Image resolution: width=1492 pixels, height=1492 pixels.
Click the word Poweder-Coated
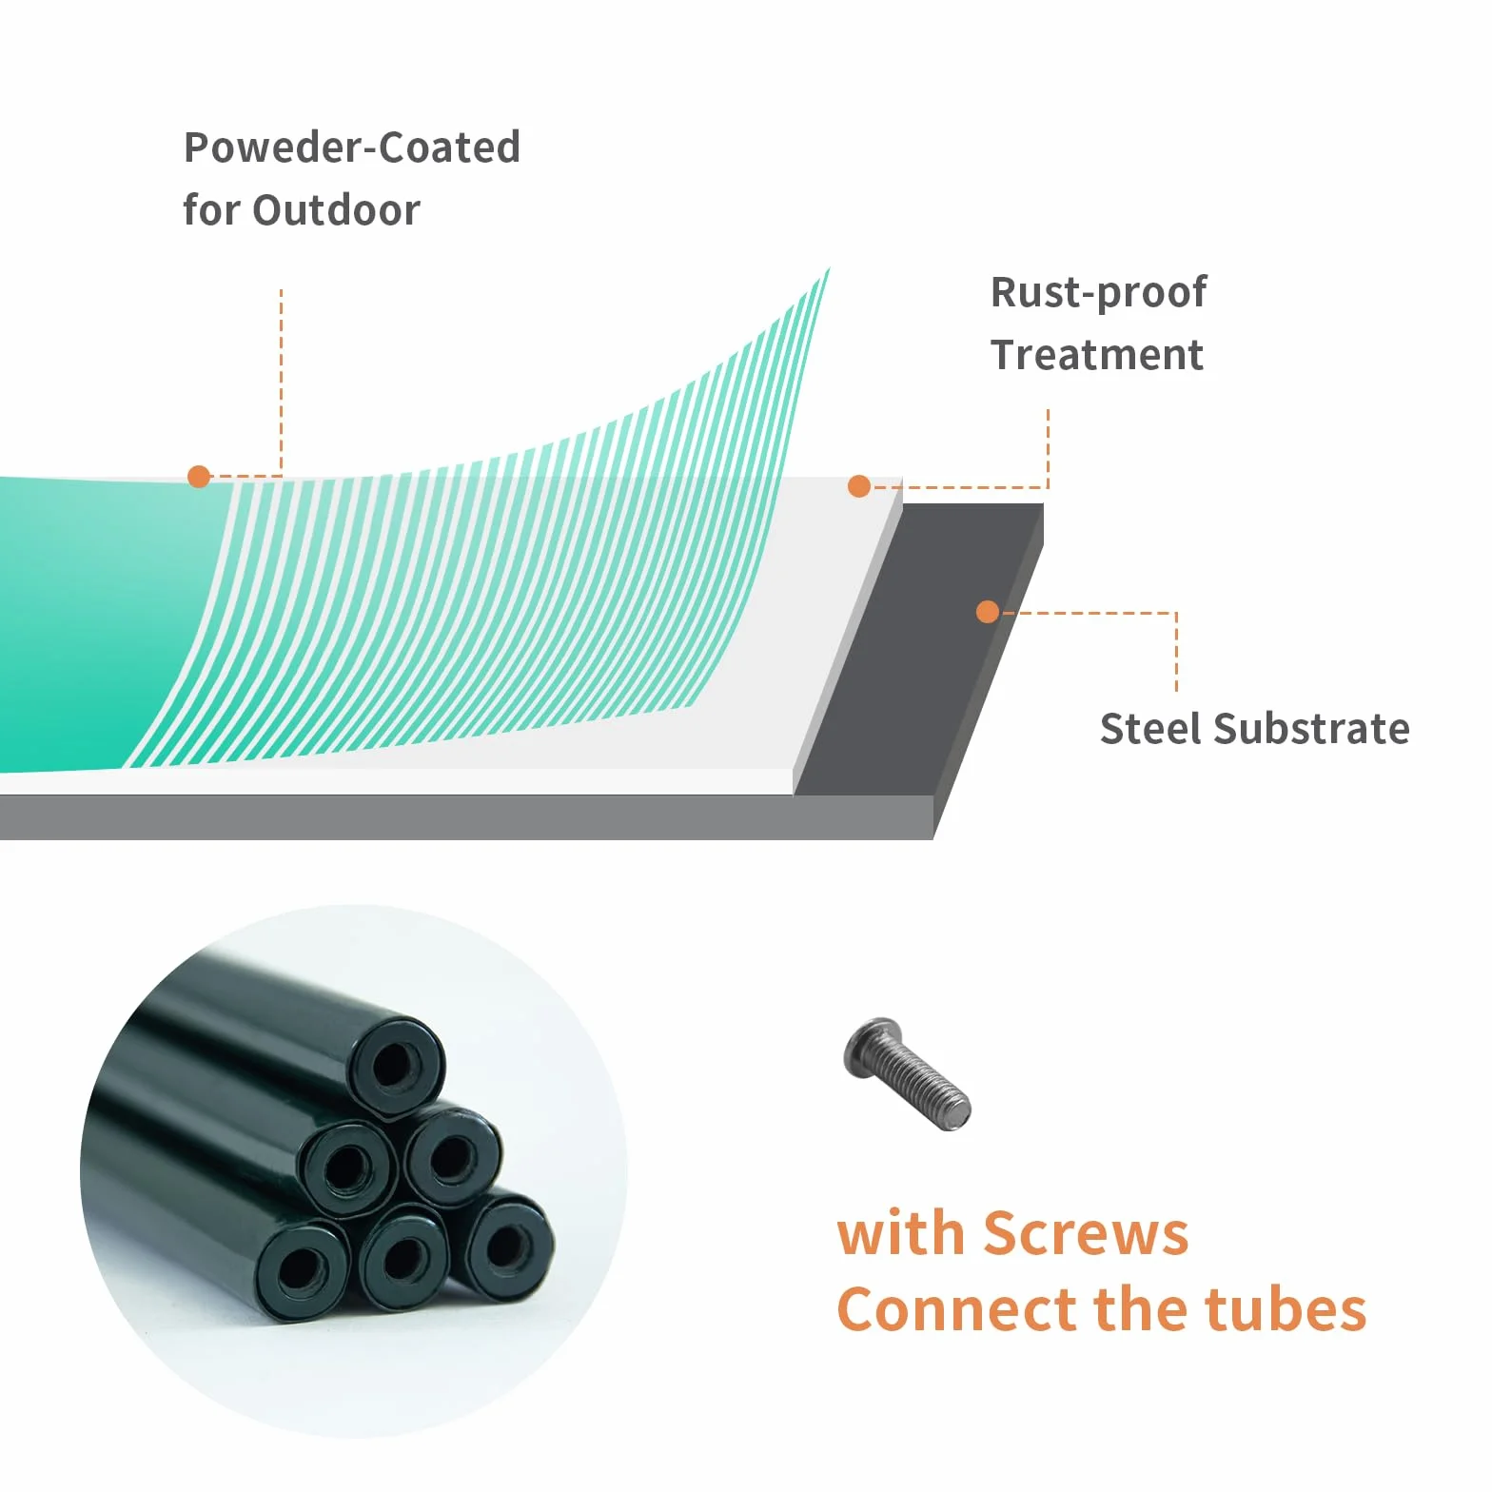pyautogui.click(x=352, y=147)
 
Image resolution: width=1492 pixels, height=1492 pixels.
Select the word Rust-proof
pyautogui.click(x=1099, y=293)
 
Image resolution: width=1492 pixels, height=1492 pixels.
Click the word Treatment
pyautogui.click(x=1097, y=355)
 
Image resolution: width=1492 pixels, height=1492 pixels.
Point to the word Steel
pyautogui.click(x=1151, y=729)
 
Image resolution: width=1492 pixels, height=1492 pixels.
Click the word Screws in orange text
pyautogui.click(x=1086, y=1234)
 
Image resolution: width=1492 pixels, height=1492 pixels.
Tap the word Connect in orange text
pyautogui.click(x=957, y=1310)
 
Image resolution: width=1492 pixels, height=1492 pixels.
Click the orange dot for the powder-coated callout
pyautogui.click(x=199, y=477)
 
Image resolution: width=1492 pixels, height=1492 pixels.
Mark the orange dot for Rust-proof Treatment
pyautogui.click(x=859, y=486)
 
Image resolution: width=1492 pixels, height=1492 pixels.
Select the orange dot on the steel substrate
pyautogui.click(x=988, y=612)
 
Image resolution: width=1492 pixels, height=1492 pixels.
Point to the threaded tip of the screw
pyautogui.click(x=956, y=1111)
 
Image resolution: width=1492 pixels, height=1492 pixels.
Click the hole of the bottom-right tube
pyautogui.click(x=506, y=1245)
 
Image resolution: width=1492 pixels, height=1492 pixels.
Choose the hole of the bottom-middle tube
pyautogui.click(x=405, y=1258)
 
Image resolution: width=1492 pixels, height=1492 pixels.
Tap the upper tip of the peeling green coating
pyautogui.click(x=829, y=269)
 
